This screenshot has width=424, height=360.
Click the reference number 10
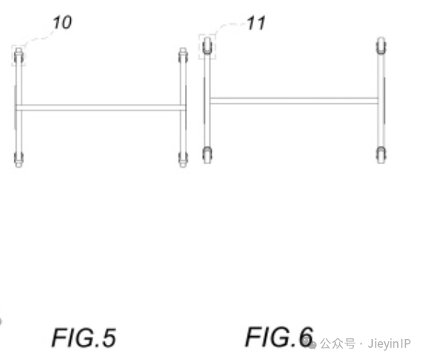62,22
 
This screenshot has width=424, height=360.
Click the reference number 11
256,23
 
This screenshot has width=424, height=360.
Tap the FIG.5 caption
84,338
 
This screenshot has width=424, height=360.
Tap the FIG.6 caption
279,336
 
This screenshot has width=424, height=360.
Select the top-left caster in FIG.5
19,55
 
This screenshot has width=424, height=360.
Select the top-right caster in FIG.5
183,55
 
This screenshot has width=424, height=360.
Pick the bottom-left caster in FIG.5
19,160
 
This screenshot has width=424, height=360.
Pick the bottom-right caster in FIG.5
183,160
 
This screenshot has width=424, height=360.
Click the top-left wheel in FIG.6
207,46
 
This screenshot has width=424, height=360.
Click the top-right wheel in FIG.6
381,46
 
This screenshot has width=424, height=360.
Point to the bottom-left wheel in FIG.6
207,155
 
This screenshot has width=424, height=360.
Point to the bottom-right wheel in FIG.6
381,155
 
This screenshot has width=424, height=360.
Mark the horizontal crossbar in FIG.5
101,108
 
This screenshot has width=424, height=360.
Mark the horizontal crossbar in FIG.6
294,100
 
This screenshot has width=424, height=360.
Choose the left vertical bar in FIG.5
19,108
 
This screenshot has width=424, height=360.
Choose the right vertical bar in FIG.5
183,108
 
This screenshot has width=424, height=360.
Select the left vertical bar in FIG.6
207,100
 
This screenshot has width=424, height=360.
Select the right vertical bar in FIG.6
381,100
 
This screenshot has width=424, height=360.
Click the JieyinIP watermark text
389,344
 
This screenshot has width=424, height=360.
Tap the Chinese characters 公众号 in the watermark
338,344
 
